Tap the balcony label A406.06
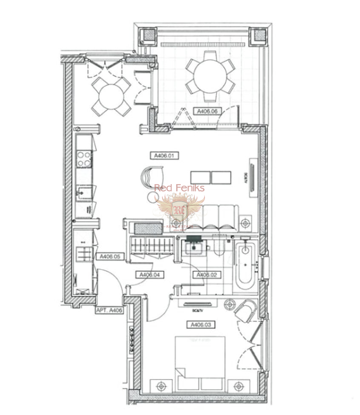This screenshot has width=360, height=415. pyautogui.click(x=208, y=111)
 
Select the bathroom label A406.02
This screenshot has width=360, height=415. pyautogui.click(x=207, y=275)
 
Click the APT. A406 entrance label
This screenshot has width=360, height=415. pyautogui.click(x=109, y=310)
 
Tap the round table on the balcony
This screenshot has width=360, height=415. pyautogui.click(x=210, y=76)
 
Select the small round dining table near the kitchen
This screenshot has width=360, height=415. pyautogui.click(x=111, y=97)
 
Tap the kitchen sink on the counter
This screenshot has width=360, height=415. pyautogui.click(x=84, y=194)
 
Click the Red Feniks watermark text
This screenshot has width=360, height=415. pyautogui.click(x=179, y=188)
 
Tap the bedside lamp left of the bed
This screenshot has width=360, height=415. pyautogui.click(x=161, y=386)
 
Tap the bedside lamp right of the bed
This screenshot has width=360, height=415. pyautogui.click(x=237, y=386)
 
